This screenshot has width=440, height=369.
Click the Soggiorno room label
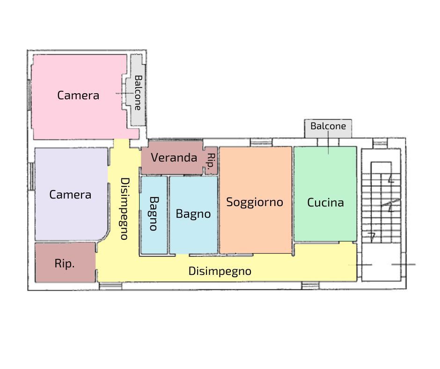click(255, 202)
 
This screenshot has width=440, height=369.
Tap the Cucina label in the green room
click(325, 202)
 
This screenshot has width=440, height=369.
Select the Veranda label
click(174, 157)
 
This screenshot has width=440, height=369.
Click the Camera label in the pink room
click(78, 96)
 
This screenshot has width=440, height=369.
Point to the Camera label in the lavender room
click(70, 195)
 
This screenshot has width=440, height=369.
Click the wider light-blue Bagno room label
click(193, 214)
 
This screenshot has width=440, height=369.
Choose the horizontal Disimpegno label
click(220, 271)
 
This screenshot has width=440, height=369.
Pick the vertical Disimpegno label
click(125, 209)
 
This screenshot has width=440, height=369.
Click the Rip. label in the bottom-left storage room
click(65, 264)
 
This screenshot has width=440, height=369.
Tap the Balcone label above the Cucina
click(328, 126)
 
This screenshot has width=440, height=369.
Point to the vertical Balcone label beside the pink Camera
click(138, 93)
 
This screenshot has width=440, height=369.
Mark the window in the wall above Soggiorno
click(261, 142)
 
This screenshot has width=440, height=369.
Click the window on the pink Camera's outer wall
click(29, 95)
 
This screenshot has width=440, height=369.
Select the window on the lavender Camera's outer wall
click(31, 177)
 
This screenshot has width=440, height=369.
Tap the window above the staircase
click(380, 143)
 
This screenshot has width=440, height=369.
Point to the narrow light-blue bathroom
click(154, 215)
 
